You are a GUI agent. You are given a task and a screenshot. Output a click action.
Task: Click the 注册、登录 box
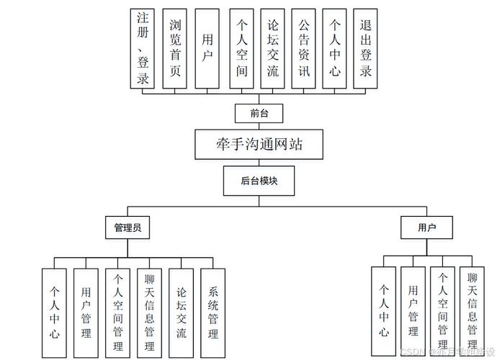tap(143, 48)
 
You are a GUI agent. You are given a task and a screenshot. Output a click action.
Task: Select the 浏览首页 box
tap(175, 48)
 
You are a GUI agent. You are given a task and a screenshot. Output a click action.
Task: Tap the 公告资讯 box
tap(303, 48)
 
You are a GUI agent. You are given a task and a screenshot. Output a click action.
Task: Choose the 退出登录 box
tap(365, 48)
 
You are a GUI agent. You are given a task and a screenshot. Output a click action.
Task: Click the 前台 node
tap(259, 113)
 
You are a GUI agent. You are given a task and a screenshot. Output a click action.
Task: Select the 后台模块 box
tap(259, 181)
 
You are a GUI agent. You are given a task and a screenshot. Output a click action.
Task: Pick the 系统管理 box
tap(213, 312)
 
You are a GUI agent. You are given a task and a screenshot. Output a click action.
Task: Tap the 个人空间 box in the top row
tap(242, 48)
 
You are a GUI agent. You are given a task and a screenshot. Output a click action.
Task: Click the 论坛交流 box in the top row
tap(272, 48)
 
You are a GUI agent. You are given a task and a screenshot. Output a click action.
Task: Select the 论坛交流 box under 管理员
tap(182, 312)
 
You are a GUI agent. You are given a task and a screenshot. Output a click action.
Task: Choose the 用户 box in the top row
tap(207, 48)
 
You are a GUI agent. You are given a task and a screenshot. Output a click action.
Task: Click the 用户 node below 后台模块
tap(427, 228)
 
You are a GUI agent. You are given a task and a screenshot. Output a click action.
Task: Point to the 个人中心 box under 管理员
tap(55, 312)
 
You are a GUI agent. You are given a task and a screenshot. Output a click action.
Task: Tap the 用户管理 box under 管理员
tap(86, 312)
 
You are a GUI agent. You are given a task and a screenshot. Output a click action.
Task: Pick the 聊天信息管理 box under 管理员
tap(149, 312)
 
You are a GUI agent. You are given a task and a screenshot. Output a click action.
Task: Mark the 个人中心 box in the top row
tap(334, 48)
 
